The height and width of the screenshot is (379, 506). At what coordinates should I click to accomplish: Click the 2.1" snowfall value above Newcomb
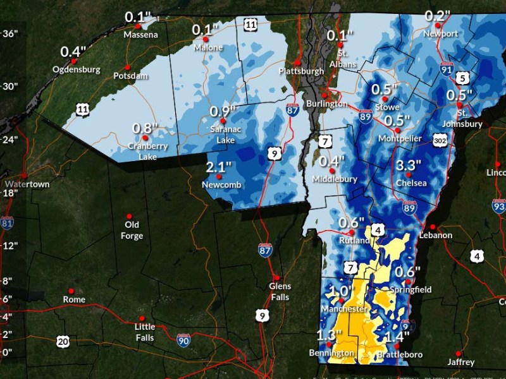coord(219,167)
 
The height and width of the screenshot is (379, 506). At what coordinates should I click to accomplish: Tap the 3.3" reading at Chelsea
coord(409,165)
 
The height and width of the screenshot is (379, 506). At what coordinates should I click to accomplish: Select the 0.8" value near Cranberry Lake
coord(145,128)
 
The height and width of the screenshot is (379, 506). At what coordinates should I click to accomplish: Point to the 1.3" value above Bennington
coord(330,335)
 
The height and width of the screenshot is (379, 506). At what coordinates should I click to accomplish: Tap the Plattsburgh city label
coord(301,71)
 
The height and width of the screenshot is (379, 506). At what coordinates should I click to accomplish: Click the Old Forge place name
coord(132,230)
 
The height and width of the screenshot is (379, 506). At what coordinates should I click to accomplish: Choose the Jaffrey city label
coord(460,362)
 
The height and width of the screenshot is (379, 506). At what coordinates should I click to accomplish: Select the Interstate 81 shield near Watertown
coord(7,222)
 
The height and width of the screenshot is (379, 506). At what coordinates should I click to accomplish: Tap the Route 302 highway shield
coord(441,137)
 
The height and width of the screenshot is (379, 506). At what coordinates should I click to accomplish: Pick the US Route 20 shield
coord(62,342)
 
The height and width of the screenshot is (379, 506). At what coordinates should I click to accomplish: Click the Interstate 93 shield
coord(499,205)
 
